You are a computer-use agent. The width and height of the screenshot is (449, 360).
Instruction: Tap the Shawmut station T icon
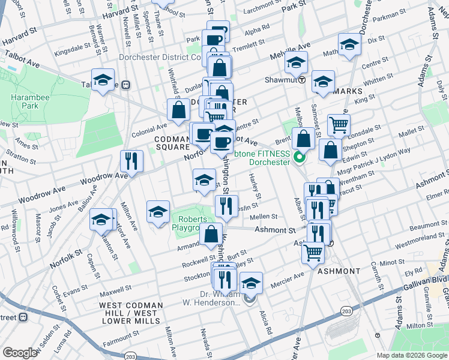(x=302, y=79)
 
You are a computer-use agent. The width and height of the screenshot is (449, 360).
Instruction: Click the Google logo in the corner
(x=20, y=353)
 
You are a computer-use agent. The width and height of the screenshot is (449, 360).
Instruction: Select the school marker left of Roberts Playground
(x=158, y=212)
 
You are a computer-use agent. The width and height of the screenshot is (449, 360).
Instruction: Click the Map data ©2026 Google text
(x=411, y=355)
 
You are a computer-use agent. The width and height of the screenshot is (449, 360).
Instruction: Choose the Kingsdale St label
(x=72, y=45)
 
